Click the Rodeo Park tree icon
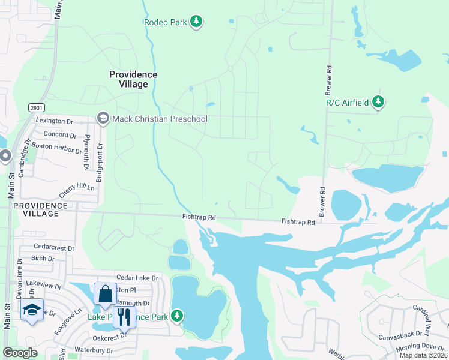196,22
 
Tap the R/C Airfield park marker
378,103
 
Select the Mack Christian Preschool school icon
103,119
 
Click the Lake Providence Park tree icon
176,315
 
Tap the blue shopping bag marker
105,295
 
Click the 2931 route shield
37,107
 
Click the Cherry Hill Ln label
77,190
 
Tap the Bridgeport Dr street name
100,162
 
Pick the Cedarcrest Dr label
54,247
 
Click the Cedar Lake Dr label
137,278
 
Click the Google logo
20,353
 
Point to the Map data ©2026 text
423,355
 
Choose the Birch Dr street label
43,259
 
